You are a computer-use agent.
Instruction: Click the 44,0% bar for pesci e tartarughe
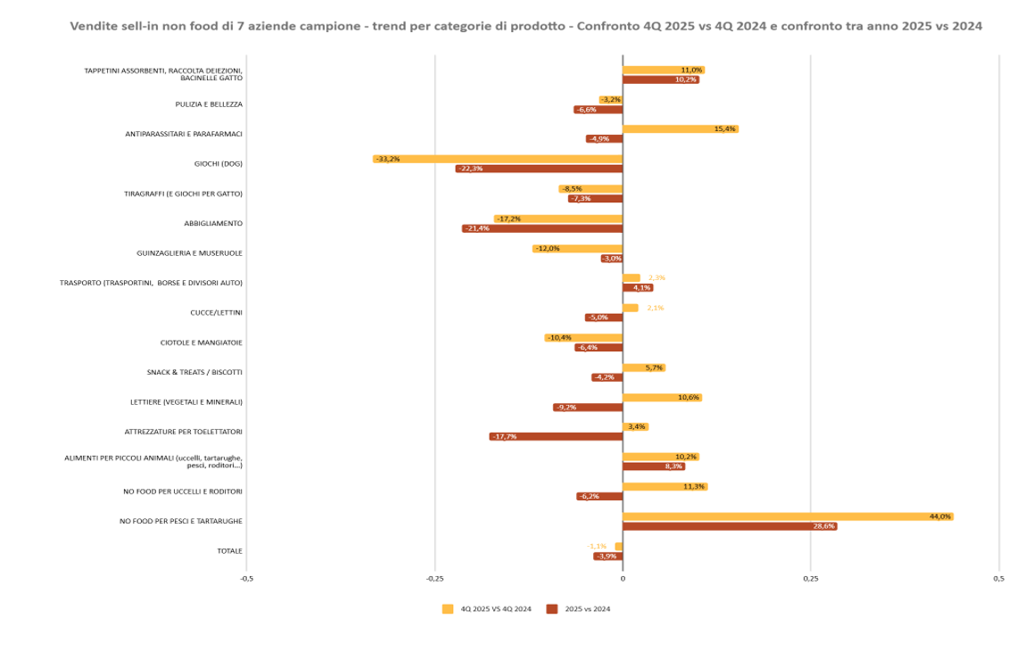tap(788, 516)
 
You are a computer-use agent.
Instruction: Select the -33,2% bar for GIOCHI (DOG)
tap(497, 159)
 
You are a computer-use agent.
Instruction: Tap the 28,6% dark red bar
tap(730, 526)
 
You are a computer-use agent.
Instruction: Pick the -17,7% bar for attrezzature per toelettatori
tap(556, 436)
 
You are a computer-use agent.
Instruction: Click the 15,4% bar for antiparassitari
tap(680, 129)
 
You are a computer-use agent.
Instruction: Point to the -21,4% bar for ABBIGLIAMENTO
tap(542, 228)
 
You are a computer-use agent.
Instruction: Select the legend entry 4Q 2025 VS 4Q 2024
tap(487, 609)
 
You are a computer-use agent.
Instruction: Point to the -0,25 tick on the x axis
tap(434, 579)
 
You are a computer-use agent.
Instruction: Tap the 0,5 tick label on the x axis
tap(998, 579)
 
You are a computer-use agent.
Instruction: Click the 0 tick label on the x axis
tap(623, 579)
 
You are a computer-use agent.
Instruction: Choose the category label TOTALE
tap(229, 551)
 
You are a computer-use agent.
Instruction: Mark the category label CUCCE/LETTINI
tap(216, 313)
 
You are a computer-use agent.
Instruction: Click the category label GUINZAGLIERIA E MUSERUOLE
tap(189, 253)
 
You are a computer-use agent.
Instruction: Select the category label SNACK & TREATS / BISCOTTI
tap(194, 372)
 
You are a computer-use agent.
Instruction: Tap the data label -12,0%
tap(547, 249)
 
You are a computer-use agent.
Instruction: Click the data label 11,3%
tap(693, 487)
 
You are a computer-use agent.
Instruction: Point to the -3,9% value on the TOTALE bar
tap(607, 557)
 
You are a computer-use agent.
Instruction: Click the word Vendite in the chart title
tap(93, 26)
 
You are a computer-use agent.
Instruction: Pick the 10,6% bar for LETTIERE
tap(662, 397)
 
